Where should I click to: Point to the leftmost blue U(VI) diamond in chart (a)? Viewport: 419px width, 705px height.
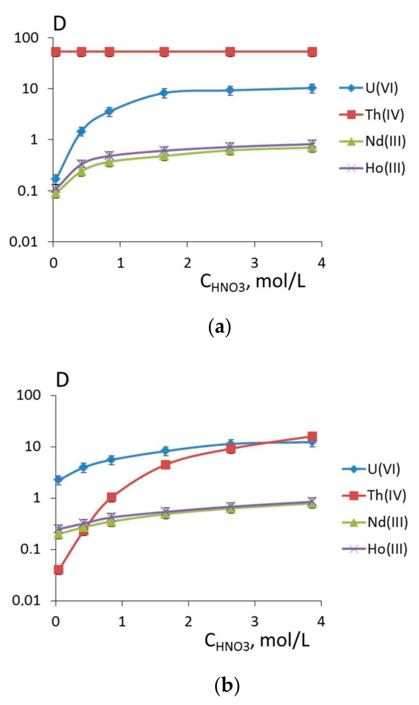(55, 179)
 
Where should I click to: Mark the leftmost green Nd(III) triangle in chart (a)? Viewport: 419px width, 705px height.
(56, 193)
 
